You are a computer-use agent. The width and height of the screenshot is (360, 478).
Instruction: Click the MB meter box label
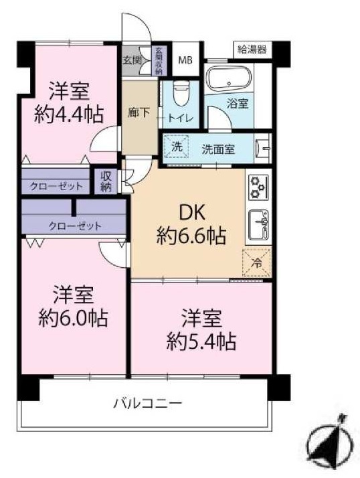(185, 60)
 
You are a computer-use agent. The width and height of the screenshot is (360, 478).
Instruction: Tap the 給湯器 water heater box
(252, 49)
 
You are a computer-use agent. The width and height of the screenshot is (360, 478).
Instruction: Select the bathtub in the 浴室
(229, 78)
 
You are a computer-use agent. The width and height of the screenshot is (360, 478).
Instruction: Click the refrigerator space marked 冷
(257, 262)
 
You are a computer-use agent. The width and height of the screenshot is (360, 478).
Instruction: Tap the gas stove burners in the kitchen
(258, 187)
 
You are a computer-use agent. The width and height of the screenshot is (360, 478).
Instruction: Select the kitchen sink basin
(258, 225)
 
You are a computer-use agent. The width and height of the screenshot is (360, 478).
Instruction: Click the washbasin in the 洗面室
(263, 148)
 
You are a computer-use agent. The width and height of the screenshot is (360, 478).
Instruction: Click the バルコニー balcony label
(148, 403)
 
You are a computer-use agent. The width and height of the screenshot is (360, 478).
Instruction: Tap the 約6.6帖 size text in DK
(191, 236)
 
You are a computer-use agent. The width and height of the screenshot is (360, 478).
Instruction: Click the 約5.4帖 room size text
(201, 341)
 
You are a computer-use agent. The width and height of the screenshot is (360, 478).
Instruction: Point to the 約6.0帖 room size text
(73, 318)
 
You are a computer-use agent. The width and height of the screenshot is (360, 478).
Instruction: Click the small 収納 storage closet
(106, 181)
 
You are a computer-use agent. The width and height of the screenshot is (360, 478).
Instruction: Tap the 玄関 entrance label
(132, 60)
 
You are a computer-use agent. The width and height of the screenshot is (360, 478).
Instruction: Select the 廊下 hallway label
(139, 112)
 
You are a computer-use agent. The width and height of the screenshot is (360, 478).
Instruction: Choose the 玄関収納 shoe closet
(159, 61)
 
